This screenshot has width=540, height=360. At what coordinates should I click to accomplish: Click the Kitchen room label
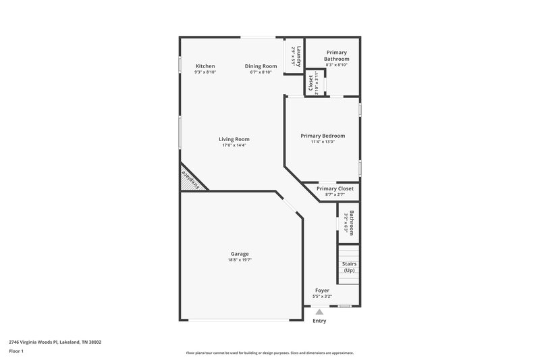(205, 66)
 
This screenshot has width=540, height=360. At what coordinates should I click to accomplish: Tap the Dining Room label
(261, 66)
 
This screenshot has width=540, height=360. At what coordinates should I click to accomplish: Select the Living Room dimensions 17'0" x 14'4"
(234, 145)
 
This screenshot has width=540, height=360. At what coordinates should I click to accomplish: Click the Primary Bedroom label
(323, 136)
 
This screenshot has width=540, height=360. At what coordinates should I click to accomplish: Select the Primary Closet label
(335, 188)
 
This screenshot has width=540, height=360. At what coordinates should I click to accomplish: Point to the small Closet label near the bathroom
(311, 82)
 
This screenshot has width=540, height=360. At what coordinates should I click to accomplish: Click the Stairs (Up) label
(349, 267)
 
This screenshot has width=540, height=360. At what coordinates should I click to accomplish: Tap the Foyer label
(322, 290)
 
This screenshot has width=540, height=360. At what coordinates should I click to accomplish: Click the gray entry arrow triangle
(319, 311)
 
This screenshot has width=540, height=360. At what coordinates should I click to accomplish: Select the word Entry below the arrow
(319, 321)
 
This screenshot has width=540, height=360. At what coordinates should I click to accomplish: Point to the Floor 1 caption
(16, 351)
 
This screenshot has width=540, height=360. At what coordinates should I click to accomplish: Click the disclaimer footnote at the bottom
(270, 353)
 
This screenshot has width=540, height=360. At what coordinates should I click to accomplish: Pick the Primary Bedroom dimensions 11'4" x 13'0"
(323, 142)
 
